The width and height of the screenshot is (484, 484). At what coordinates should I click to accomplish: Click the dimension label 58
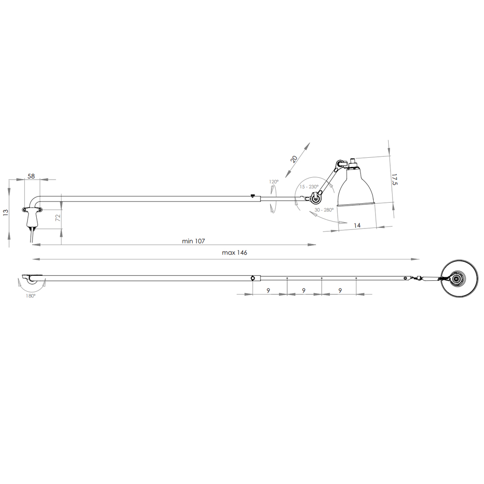(x=31, y=176)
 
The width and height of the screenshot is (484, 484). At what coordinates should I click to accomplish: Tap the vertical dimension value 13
(x=5, y=212)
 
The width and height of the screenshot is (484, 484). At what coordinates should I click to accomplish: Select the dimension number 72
(x=58, y=218)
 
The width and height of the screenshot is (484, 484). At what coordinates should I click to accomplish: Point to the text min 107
(x=193, y=241)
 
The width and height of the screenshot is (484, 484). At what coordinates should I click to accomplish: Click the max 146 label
(x=235, y=253)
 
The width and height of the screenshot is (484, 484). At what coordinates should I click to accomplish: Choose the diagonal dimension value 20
(x=294, y=159)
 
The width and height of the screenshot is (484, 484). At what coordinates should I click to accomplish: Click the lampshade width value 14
(x=357, y=226)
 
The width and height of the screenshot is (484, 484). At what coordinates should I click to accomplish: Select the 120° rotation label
(x=273, y=182)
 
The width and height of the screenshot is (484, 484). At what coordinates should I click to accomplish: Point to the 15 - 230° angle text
(x=309, y=187)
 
